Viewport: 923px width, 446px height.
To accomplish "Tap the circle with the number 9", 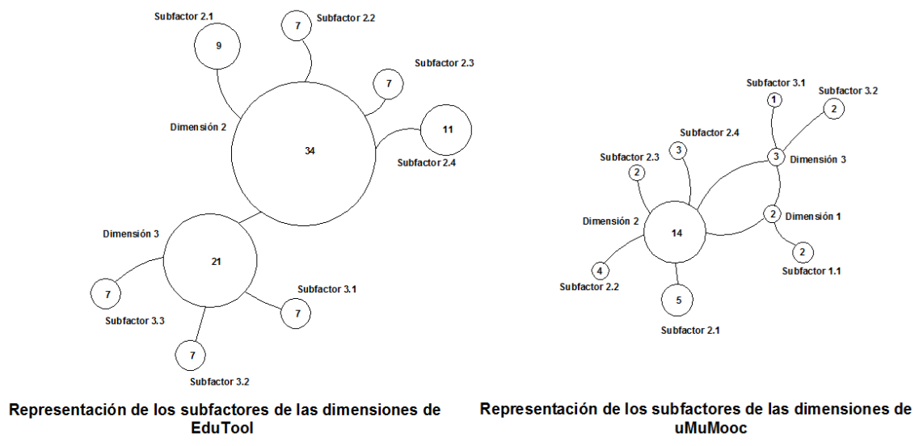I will tap(218, 47).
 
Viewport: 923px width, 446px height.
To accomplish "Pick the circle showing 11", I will tap(446, 129).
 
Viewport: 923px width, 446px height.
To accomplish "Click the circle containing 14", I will tap(676, 233).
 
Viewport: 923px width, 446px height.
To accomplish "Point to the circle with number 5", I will tap(677, 300).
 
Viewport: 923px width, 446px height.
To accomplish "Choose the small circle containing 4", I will tap(600, 270).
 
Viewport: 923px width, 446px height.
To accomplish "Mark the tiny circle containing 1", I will tap(774, 99).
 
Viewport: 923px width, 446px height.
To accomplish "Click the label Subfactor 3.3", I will tap(135, 321).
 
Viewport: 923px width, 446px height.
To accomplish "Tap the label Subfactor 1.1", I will tap(811, 271).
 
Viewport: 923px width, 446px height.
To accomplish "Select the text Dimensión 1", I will tap(813, 216).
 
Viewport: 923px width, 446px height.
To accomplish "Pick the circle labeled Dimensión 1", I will tap(773, 214).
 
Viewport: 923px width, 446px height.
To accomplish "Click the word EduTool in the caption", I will tap(225, 428).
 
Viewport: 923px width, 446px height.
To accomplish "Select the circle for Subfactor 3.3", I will tap(107, 295).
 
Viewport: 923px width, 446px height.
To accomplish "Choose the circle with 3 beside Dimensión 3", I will tap(775, 157).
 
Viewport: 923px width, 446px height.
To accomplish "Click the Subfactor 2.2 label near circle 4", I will tap(588, 285).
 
